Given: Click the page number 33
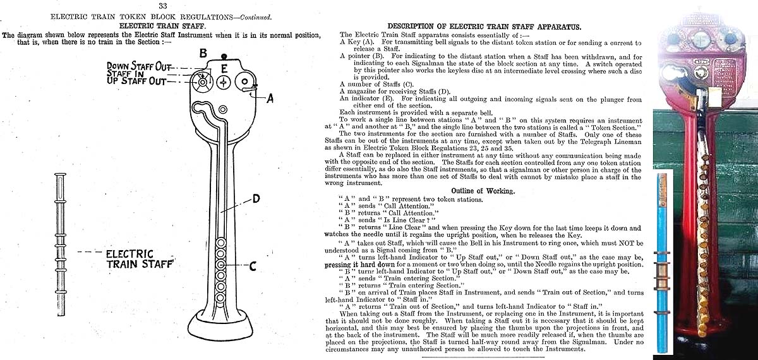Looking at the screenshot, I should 163,6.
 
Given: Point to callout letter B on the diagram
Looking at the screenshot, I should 203,54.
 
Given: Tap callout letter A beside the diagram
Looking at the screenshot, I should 270,98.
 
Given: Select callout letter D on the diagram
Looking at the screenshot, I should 256,199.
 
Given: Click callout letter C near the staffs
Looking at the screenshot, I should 252,266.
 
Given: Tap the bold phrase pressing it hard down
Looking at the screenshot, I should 358,265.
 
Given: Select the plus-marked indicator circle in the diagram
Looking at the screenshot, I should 223,83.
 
